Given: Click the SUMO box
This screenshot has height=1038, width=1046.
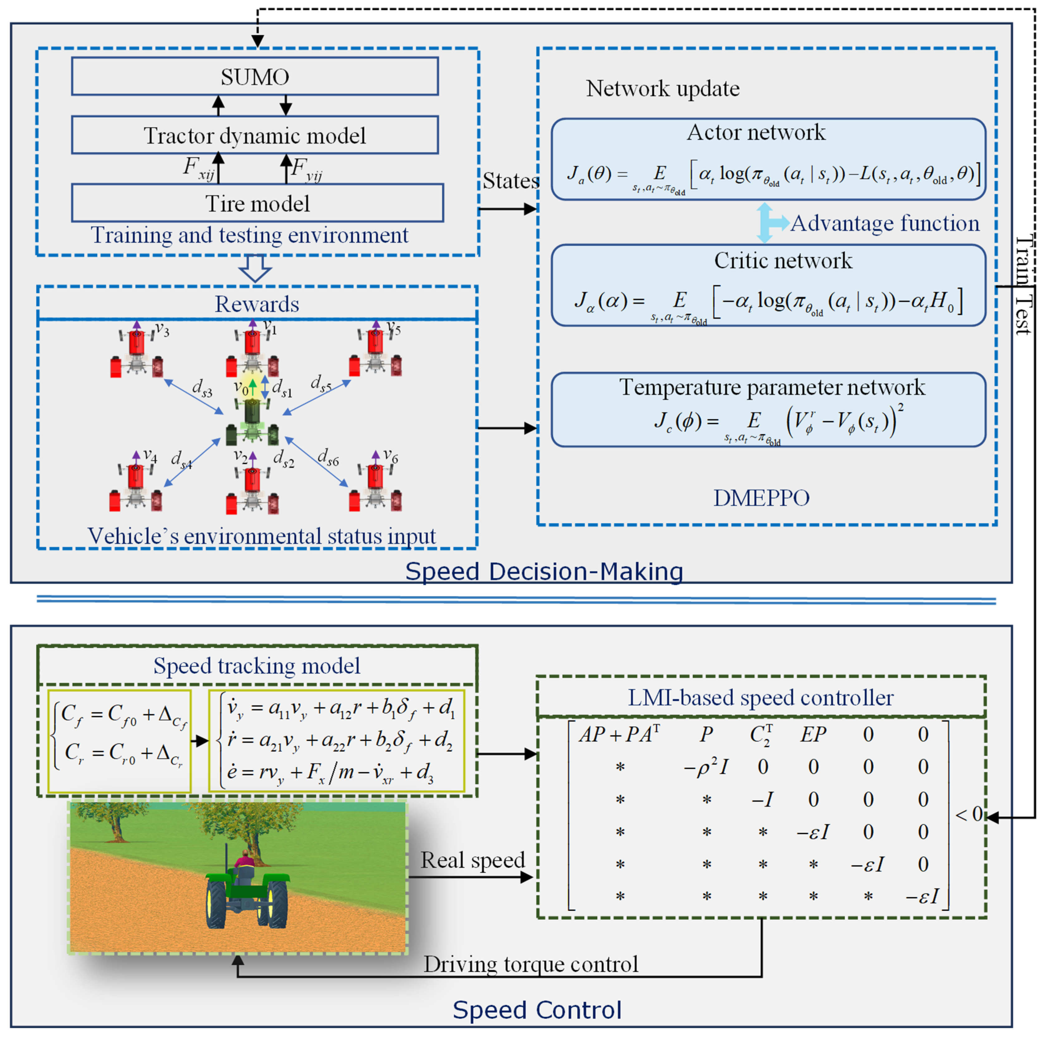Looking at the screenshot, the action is (x=255, y=76).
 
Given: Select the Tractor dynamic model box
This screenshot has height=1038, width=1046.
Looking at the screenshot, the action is (x=255, y=135).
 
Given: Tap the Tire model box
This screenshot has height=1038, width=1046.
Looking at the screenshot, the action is (x=258, y=203).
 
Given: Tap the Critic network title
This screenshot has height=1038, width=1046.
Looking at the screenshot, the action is (x=783, y=261).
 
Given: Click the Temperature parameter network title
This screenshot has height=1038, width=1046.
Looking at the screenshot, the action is (x=772, y=387).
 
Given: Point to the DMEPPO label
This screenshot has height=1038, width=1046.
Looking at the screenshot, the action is (x=761, y=497).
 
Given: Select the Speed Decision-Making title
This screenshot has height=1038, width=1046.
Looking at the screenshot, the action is (x=544, y=571).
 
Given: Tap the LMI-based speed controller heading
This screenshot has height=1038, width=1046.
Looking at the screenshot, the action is (x=761, y=697).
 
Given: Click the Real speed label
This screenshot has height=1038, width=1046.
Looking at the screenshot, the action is (x=473, y=860).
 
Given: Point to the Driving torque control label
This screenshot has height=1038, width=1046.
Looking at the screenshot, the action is (x=530, y=964).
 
